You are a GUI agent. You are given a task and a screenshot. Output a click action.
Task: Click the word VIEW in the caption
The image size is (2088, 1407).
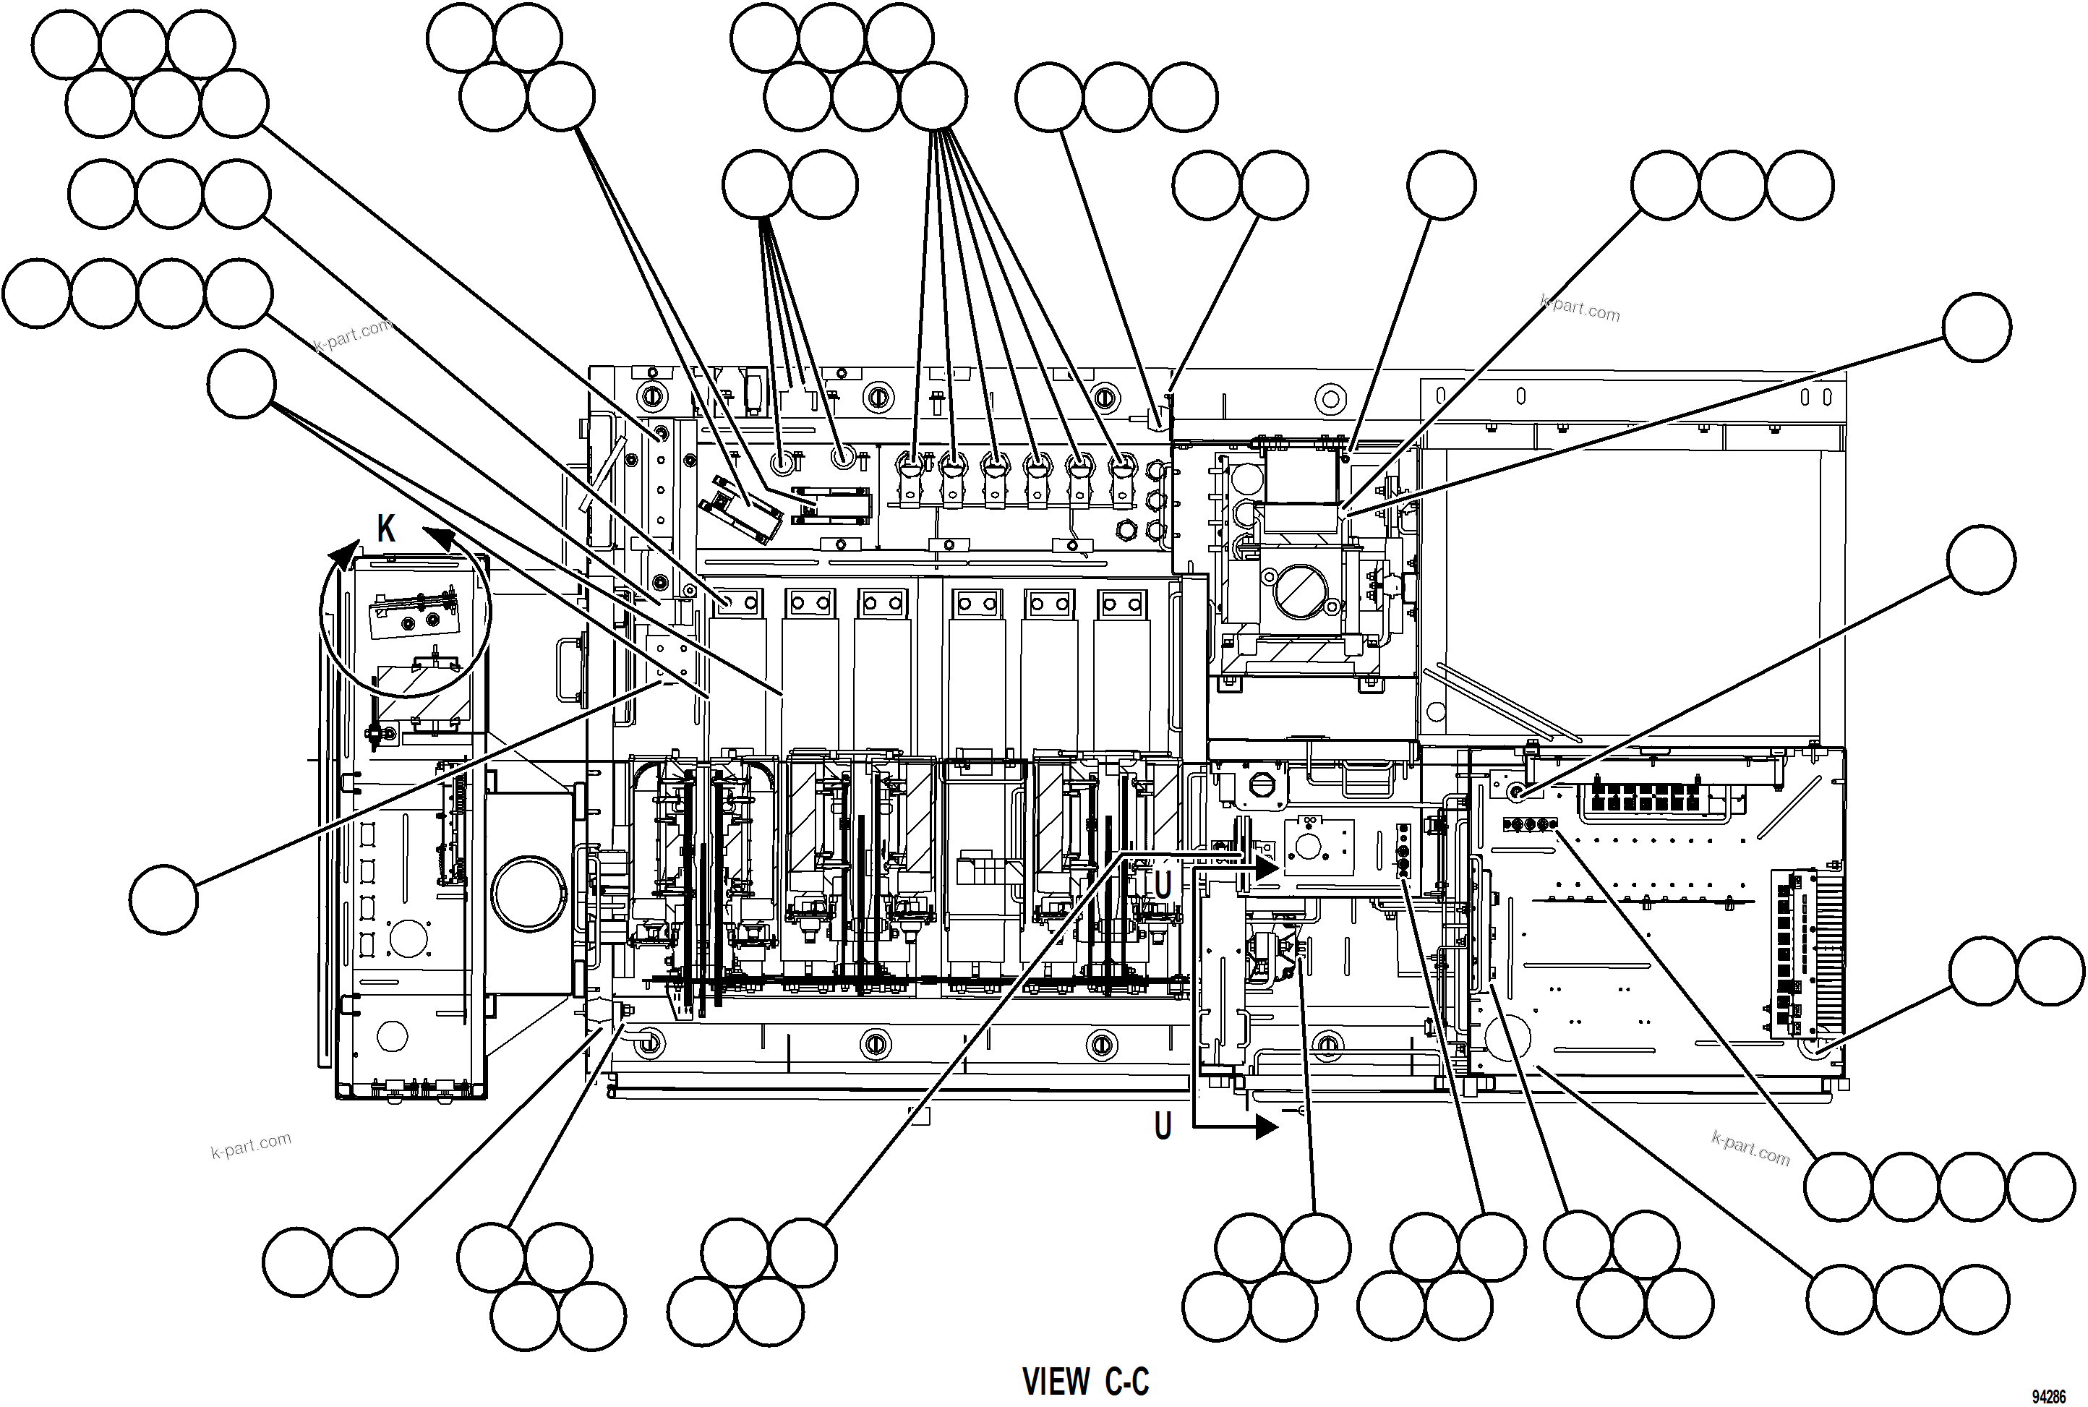(x=1056, y=1382)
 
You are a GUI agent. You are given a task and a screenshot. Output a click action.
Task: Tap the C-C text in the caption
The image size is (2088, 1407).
(x=1127, y=1382)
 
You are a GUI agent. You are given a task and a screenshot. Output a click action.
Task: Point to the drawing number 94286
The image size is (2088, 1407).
(x=2048, y=1397)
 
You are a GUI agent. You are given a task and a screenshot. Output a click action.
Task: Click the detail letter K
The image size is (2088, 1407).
(x=386, y=529)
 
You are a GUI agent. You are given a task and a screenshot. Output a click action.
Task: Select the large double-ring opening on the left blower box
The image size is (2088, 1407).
(x=529, y=894)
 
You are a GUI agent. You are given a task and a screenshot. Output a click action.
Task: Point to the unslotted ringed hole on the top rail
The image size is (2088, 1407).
(x=1331, y=398)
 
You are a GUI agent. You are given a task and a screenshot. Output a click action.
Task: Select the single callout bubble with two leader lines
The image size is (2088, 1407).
(x=241, y=384)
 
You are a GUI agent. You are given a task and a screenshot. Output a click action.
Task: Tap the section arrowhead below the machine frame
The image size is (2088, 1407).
(x=1266, y=1128)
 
